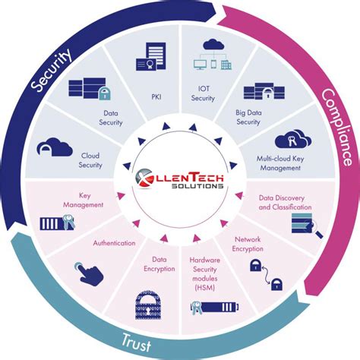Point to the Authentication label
[x=114, y=244]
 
